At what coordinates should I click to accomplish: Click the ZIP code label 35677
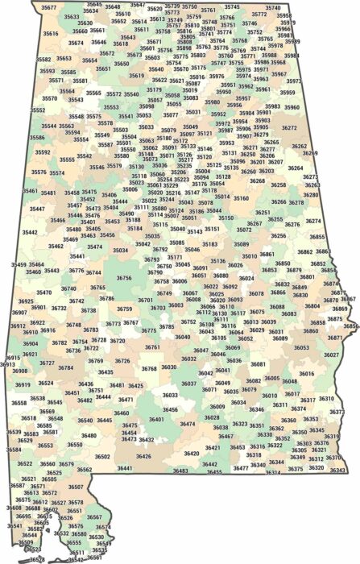pos(49,7)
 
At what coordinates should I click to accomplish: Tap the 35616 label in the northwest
pos(50,34)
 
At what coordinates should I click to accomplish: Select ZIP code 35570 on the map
pos(50,98)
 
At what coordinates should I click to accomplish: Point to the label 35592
pos(42,151)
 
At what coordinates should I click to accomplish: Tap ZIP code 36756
pos(123,277)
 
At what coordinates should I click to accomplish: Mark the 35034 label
pos(120,251)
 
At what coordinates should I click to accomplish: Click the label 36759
pos(124,309)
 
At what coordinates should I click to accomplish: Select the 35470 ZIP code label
pos(44,292)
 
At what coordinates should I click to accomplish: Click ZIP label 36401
pos(156,419)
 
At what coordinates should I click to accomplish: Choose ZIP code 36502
pos(102,457)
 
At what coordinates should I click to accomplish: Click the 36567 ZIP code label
pos(94,516)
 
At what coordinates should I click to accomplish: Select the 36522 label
pos(25,463)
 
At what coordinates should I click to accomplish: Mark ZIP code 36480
pos(89,435)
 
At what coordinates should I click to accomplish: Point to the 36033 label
pos(170,396)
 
